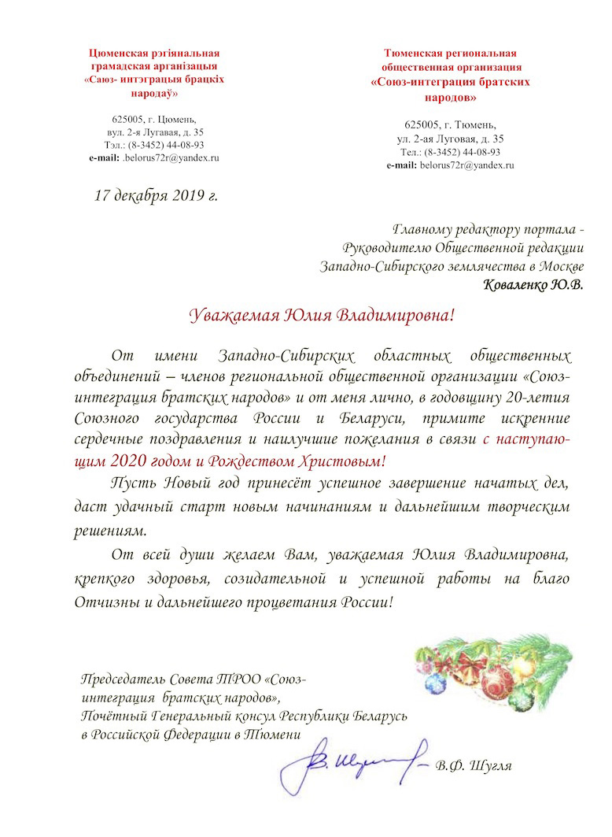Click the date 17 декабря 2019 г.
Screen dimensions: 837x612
tap(156, 194)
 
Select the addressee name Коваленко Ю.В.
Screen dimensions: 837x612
tap(533, 284)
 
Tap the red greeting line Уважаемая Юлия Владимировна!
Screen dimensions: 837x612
tap(323, 317)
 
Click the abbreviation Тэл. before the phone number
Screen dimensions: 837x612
tap(114, 145)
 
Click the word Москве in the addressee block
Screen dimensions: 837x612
tap(560, 267)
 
